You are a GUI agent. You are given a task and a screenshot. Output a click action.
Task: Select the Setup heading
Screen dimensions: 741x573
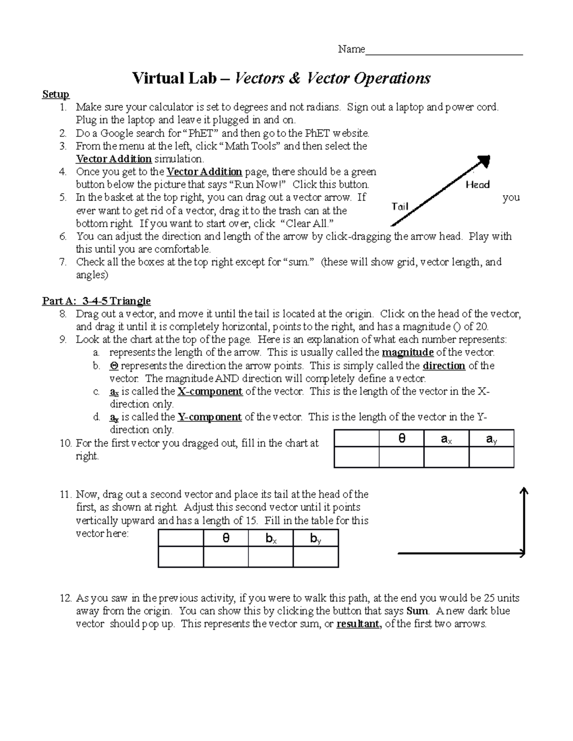55,94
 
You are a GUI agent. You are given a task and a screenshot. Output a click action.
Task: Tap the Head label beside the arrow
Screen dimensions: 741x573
477,185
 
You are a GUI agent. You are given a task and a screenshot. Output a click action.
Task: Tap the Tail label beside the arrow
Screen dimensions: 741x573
400,206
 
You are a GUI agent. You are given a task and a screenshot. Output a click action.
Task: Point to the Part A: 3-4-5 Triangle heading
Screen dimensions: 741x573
96,301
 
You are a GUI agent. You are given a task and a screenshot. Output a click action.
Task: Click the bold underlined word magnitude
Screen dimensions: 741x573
407,353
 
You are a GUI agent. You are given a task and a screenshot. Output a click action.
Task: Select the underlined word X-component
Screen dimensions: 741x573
210,392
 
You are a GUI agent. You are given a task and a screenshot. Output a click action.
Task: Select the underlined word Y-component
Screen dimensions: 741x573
209,417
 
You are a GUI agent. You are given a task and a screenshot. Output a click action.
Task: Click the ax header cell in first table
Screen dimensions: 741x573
446,439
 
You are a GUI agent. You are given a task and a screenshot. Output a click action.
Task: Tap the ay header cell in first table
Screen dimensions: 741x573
491,439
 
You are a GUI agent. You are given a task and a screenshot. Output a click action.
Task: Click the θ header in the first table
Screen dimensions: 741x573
402,439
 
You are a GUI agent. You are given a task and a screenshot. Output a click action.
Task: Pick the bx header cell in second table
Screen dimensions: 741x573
271,538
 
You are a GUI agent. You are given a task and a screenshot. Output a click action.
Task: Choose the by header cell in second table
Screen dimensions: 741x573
316,538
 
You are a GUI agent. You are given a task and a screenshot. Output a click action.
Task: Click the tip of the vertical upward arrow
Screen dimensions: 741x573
524,490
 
